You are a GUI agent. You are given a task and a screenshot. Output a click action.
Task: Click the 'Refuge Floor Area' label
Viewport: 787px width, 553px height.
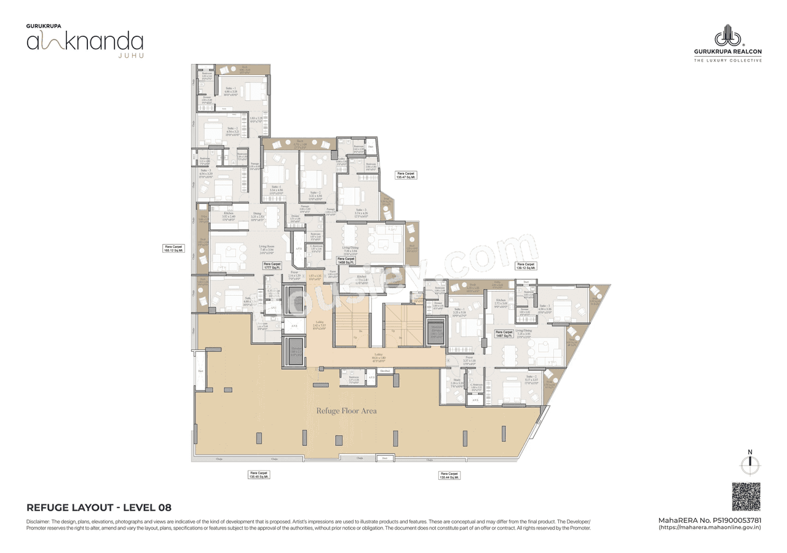(x=346, y=411)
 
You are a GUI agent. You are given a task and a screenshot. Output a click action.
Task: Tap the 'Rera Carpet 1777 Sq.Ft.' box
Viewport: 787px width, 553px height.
(x=272, y=266)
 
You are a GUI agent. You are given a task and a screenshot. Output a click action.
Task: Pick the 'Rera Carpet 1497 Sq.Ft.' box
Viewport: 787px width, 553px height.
(x=504, y=334)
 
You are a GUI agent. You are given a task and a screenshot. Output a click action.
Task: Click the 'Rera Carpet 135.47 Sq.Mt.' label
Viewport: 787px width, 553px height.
(x=406, y=175)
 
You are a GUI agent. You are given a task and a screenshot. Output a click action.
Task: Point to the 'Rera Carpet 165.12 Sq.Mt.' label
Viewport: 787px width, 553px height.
(x=173, y=249)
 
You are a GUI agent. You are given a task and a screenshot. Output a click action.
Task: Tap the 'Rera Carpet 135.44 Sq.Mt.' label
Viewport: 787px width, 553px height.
(x=450, y=475)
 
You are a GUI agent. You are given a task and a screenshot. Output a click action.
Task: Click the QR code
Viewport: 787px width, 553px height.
(x=746, y=496)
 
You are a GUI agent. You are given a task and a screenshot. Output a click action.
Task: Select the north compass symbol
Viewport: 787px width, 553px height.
(x=749, y=465)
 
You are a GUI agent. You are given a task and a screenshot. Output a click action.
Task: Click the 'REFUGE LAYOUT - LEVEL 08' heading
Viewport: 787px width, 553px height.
(x=99, y=508)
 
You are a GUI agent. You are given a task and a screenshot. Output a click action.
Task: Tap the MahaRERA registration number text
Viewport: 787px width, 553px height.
(x=710, y=520)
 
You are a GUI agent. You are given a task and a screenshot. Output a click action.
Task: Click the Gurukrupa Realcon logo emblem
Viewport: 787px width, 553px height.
(x=727, y=36)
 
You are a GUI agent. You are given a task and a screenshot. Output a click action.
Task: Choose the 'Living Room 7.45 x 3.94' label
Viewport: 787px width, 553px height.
(x=266, y=248)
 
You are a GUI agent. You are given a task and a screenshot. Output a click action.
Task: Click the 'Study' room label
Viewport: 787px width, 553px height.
(x=457, y=381)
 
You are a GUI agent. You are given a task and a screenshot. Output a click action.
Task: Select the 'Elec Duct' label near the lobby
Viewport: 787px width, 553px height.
(x=385, y=371)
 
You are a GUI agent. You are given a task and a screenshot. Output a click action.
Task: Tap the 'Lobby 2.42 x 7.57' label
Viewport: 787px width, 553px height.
(x=318, y=327)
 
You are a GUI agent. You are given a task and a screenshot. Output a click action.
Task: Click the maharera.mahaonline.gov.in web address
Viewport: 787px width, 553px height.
(x=710, y=528)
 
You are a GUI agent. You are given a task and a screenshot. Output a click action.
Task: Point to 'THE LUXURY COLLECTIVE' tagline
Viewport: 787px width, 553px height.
(x=727, y=60)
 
